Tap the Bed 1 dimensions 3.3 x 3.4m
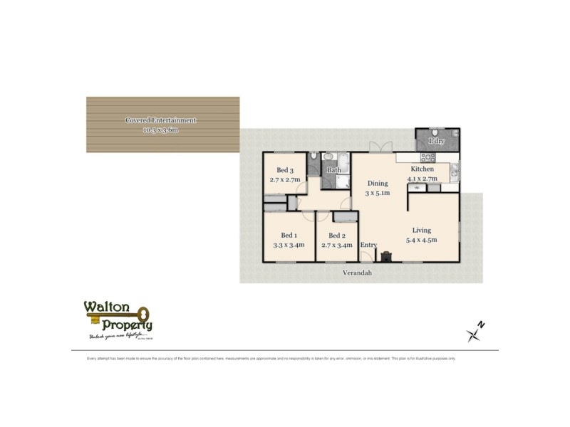289,245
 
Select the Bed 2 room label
337,236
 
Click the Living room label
422,230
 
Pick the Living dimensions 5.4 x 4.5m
422,239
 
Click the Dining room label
378,184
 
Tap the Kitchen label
420,169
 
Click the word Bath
333,170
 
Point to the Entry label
368,245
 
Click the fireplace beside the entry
385,257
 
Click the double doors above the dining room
380,147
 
